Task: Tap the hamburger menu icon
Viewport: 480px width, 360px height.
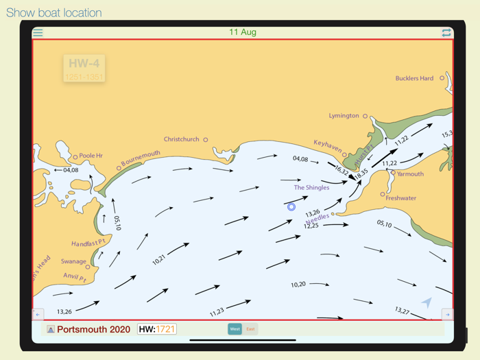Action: point(38,32)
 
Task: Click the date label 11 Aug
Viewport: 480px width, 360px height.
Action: point(243,32)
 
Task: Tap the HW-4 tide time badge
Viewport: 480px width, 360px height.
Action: point(84,69)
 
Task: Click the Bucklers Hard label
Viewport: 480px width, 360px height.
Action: point(414,78)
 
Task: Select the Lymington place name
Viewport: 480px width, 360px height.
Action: point(344,116)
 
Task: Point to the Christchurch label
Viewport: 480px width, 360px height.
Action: point(181,139)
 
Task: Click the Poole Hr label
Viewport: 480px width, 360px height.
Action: point(91,156)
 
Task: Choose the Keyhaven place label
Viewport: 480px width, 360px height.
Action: point(328,147)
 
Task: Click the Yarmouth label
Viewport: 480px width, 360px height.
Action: point(410,174)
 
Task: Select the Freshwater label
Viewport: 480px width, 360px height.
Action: point(400,198)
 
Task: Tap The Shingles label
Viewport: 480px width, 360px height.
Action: point(311,187)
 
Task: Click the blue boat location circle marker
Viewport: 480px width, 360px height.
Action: point(291,206)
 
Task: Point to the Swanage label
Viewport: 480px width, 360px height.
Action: point(73,261)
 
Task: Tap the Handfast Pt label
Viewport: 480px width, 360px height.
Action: point(88,243)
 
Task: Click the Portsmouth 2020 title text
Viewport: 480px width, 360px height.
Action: point(93,329)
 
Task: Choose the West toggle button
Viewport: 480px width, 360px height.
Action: point(235,329)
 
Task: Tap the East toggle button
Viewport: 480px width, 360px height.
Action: point(250,329)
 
